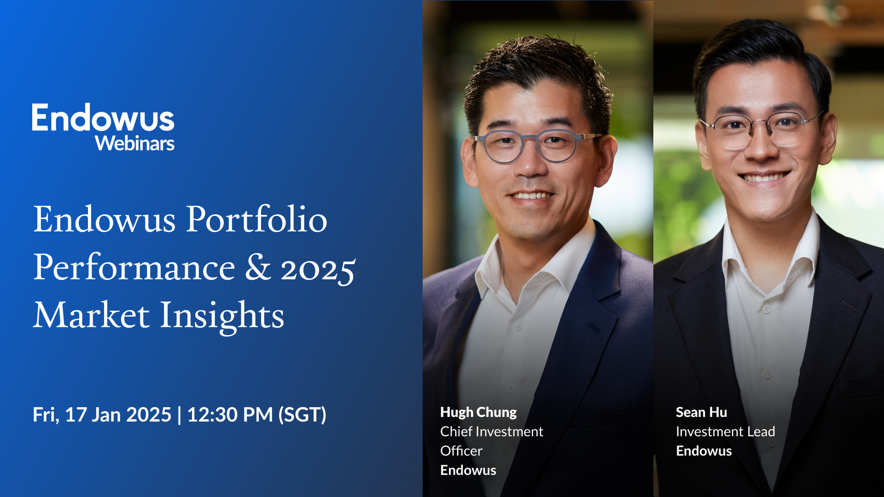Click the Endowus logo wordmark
(103, 118)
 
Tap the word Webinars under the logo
(135, 144)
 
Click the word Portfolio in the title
(256, 220)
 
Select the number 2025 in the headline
(318, 269)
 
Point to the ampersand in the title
(257, 268)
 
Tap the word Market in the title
(91, 316)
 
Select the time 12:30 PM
(230, 415)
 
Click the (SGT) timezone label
(302, 415)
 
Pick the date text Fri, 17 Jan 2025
(102, 415)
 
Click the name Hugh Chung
(478, 412)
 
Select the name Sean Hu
(701, 412)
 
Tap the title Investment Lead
(725, 432)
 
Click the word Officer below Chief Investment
(461, 451)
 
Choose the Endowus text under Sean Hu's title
(704, 451)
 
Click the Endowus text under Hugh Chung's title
(468, 470)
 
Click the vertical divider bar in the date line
(179, 415)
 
